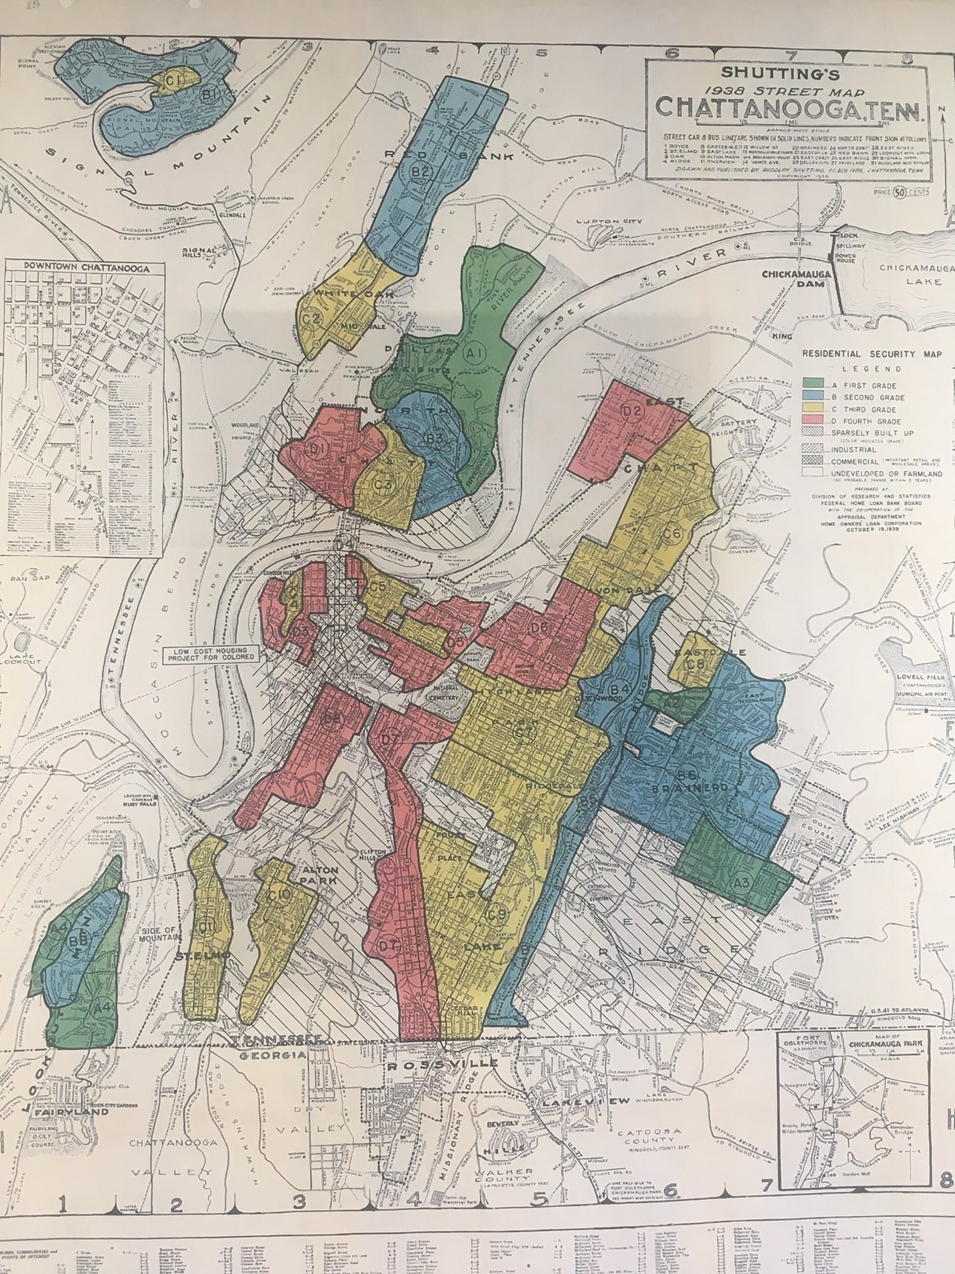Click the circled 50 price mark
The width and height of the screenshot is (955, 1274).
click(898, 192)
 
